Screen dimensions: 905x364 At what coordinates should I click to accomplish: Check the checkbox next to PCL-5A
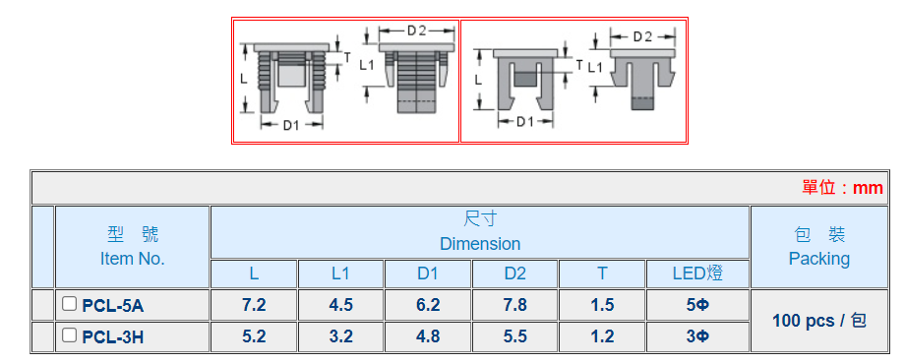[x=69, y=303]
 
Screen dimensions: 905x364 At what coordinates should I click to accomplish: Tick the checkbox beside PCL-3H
[x=69, y=334]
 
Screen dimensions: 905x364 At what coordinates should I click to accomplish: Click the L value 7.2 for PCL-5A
[x=254, y=305]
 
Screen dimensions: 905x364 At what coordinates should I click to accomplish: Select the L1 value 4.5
[x=340, y=305]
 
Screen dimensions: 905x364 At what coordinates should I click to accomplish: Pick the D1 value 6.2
[x=428, y=305]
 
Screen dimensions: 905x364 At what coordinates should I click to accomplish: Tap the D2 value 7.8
[x=514, y=305]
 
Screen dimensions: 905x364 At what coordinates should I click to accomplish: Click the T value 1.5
[x=602, y=305]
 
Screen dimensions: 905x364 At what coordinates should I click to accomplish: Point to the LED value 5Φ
[x=697, y=305]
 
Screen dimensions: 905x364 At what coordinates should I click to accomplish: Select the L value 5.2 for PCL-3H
[x=254, y=335]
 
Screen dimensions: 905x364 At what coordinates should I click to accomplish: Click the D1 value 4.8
[x=428, y=335]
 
